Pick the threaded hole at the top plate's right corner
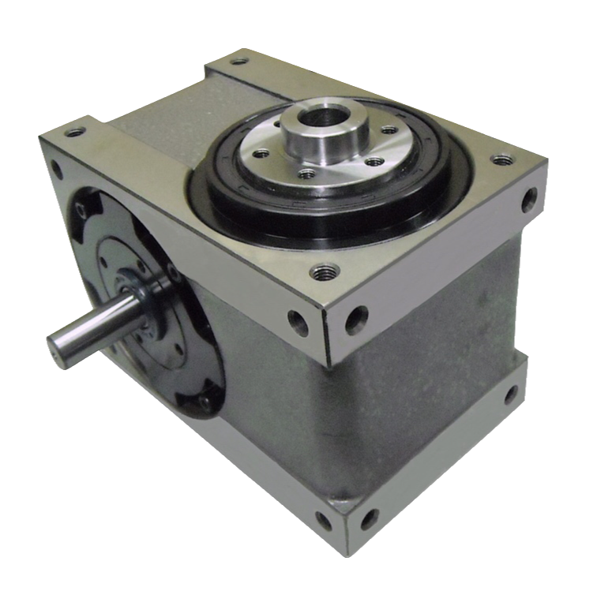[x=501, y=159]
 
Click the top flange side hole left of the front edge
[x=298, y=321]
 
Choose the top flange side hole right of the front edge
[x=356, y=316]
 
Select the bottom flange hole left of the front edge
[x=323, y=521]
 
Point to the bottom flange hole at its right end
[x=511, y=395]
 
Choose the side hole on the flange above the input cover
[x=56, y=168]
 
